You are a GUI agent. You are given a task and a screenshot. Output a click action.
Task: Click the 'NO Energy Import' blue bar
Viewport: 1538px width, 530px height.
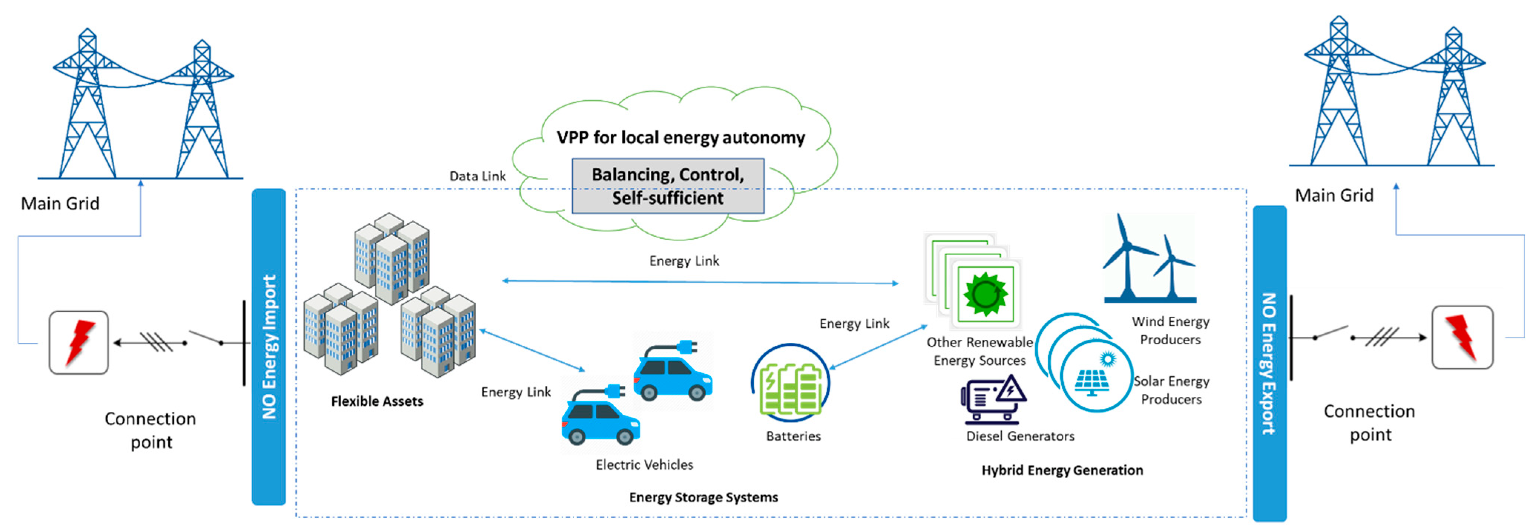[x=269, y=346]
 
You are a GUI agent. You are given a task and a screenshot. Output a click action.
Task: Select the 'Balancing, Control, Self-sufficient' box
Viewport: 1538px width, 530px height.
[x=667, y=185]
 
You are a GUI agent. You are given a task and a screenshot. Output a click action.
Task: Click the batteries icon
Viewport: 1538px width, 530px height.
[x=791, y=382]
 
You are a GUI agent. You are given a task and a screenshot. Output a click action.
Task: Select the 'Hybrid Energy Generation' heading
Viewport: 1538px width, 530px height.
[x=1062, y=470]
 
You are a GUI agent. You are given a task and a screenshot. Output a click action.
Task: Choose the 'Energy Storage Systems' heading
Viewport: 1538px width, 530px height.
[x=703, y=497]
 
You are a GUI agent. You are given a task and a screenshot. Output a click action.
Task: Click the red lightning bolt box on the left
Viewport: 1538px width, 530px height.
[x=79, y=343]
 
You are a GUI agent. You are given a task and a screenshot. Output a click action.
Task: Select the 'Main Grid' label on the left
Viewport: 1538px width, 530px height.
[x=60, y=204]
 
